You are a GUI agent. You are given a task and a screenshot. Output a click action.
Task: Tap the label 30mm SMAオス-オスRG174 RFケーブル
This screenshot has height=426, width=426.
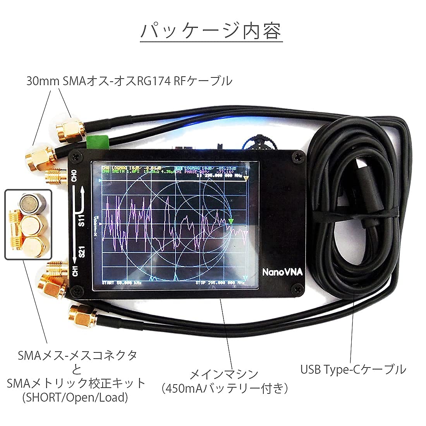coord(129,81)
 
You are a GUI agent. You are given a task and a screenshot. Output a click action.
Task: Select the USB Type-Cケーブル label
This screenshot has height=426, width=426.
coord(353,369)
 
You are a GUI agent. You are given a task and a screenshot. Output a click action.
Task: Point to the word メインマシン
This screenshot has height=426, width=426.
coord(224,374)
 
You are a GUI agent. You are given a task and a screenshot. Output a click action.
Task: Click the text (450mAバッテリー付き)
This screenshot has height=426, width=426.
coord(225,388)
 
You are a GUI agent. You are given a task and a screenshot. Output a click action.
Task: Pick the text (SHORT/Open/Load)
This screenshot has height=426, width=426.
coord(75,397)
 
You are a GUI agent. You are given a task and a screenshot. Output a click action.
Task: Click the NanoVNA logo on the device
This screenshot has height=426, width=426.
coord(282,272)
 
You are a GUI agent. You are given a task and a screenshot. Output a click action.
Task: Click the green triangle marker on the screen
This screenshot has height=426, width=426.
coord(231,222)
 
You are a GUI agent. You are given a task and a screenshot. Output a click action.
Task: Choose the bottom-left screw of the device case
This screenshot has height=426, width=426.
coord(78,289)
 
